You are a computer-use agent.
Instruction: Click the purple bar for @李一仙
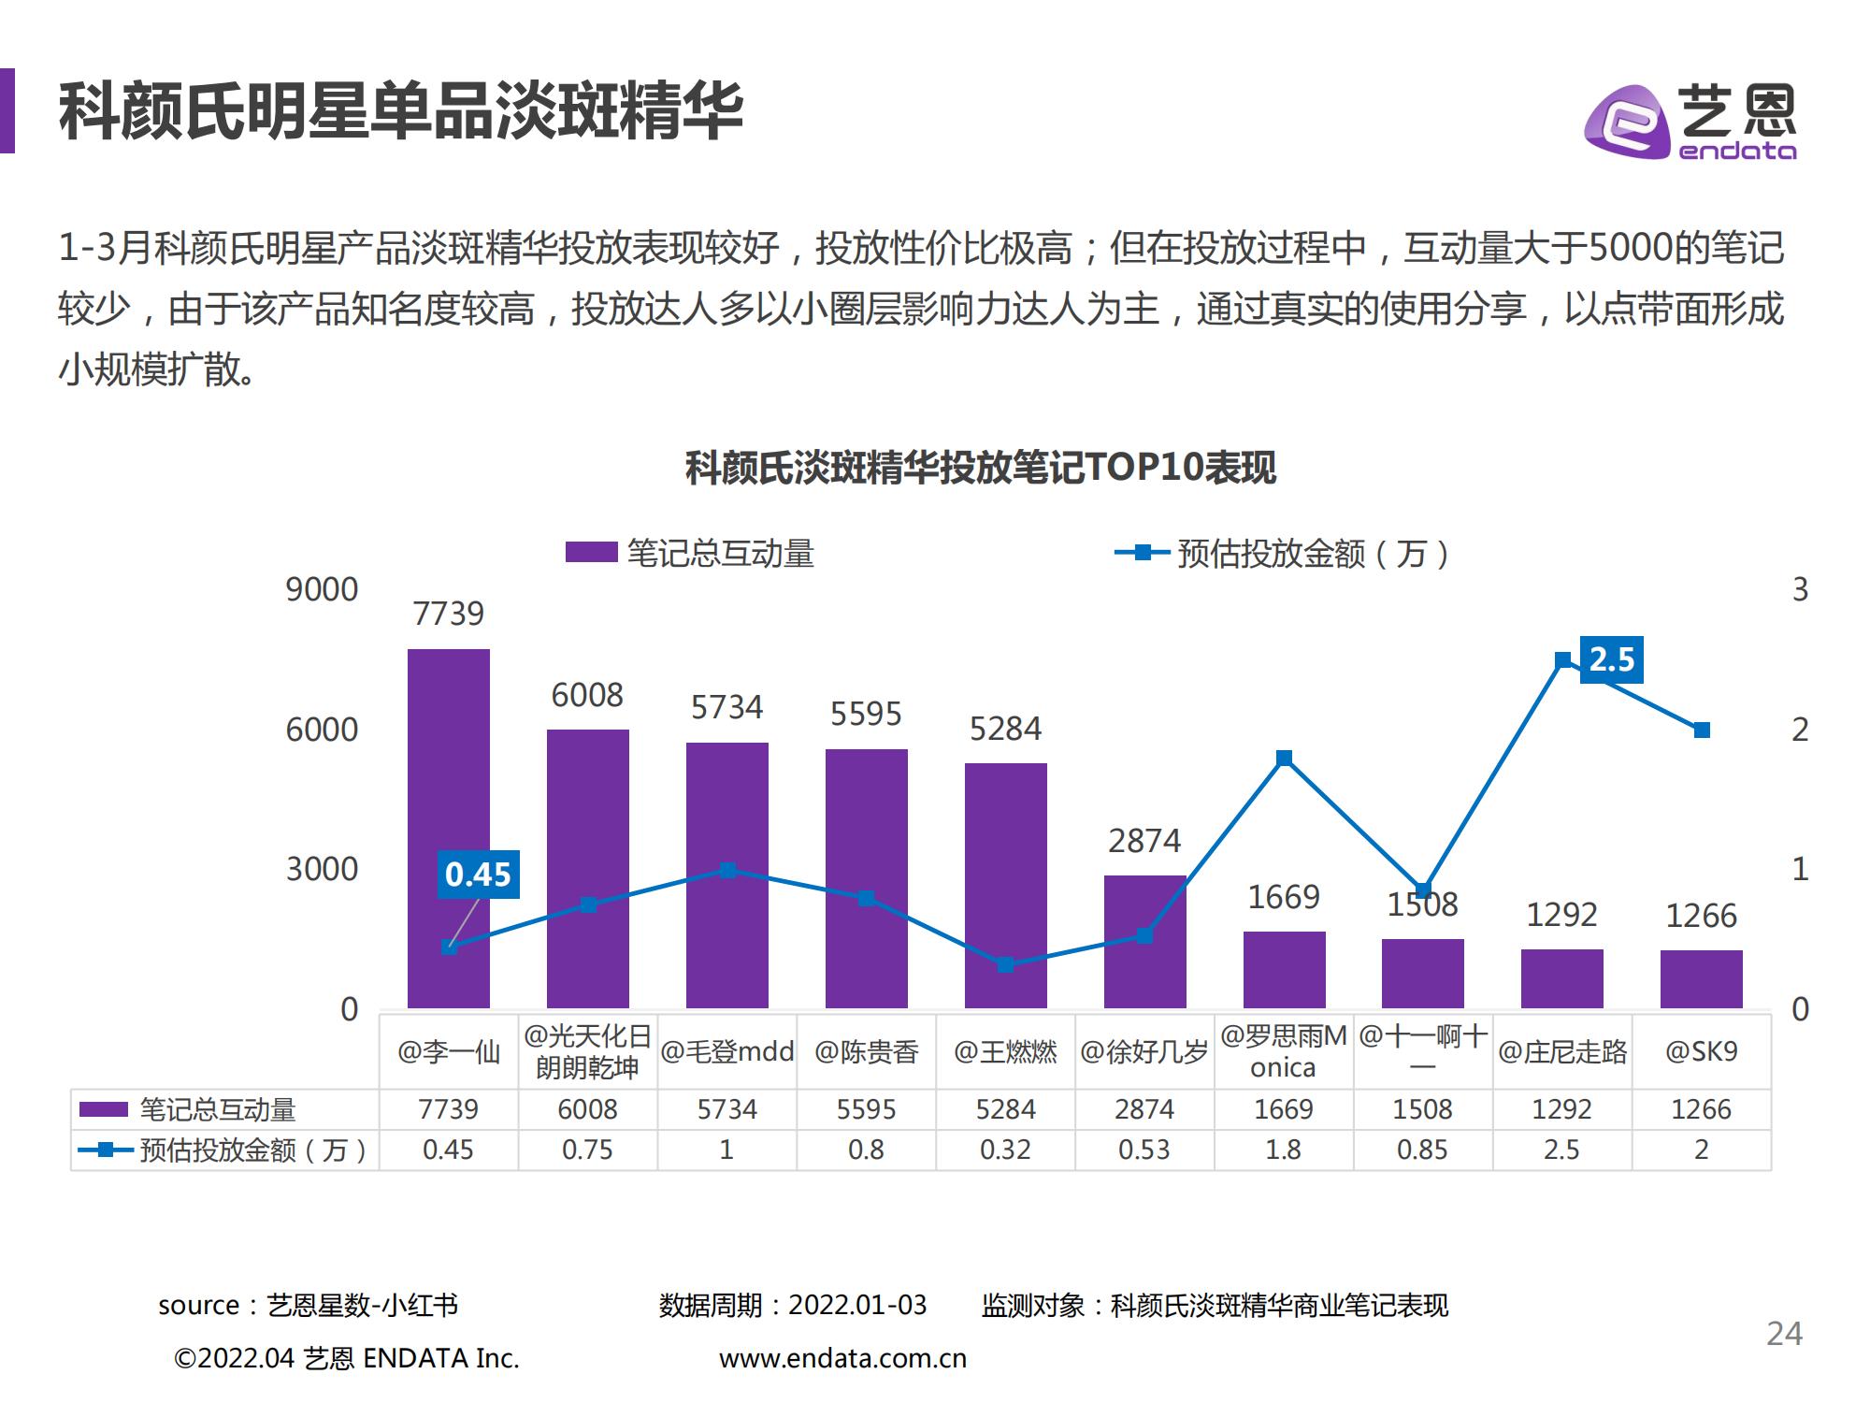[x=448, y=828]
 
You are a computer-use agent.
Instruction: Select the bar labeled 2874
[x=1144, y=941]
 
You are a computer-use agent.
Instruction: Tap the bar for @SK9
[x=1701, y=978]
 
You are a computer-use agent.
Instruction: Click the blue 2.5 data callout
[x=1611, y=660]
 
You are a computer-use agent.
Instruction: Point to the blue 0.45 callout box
[x=478, y=875]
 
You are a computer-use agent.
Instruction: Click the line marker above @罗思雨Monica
[x=1284, y=758]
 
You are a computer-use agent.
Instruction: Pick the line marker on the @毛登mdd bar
[x=727, y=871]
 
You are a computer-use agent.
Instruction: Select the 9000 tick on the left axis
[x=322, y=590]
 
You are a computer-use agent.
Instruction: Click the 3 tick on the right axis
[x=1799, y=590]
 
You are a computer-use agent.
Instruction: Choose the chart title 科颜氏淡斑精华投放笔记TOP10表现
[x=980, y=468]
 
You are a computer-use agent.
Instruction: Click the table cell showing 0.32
[x=1005, y=1150]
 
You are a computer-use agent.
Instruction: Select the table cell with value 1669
[x=1283, y=1109]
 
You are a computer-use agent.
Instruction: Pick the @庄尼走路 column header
[x=1561, y=1052]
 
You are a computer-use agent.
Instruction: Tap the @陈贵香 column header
[x=866, y=1052]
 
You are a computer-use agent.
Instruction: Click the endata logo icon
[x=1627, y=122]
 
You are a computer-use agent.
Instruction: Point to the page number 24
[x=1784, y=1334]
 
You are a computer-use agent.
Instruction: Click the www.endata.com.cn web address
[x=842, y=1358]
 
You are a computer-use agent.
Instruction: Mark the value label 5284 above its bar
[x=1005, y=729]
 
